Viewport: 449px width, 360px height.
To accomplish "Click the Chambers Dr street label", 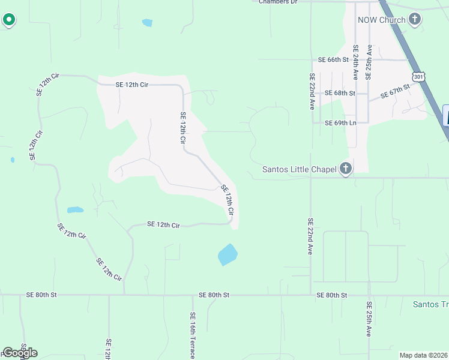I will click(x=278, y=2).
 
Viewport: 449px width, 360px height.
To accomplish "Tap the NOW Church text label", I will click(x=381, y=20).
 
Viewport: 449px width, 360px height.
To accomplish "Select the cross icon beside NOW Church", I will click(x=414, y=20).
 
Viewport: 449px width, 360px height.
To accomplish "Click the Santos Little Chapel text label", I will click(x=300, y=169).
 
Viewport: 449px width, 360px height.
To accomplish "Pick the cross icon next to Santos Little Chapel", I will click(x=345, y=169).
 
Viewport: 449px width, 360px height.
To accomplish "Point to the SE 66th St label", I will click(x=333, y=59).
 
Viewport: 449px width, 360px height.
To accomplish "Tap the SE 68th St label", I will click(x=340, y=93).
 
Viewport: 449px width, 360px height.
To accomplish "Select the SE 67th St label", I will click(x=395, y=92).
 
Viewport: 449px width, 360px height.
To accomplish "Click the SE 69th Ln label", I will click(x=340, y=123).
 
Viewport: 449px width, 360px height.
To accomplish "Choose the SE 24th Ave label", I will click(x=355, y=62).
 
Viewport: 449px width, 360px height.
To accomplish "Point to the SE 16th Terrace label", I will click(x=193, y=335).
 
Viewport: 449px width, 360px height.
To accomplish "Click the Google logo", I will click(x=20, y=353).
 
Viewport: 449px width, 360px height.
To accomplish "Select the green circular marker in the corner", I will click(x=9, y=20).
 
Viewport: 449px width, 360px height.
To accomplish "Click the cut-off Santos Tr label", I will click(x=430, y=304).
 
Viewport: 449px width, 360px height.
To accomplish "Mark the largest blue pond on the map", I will click(x=228, y=254).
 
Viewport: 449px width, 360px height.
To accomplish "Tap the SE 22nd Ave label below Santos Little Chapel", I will click(x=310, y=236).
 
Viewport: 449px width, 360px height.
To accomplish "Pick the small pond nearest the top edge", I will click(x=147, y=23).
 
